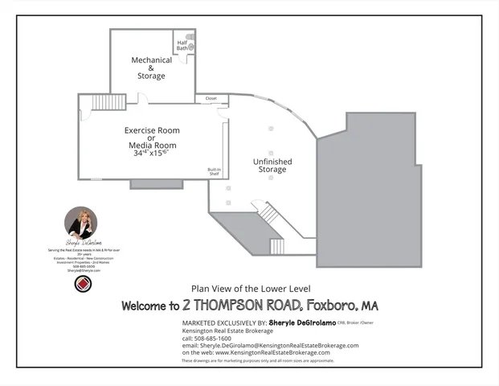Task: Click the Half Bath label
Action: [182, 45]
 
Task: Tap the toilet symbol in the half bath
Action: [189, 36]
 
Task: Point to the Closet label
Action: [211, 99]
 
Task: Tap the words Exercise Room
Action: [151, 129]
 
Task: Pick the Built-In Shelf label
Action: [214, 172]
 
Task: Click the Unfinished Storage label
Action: [272, 165]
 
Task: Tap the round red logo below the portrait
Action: [80, 285]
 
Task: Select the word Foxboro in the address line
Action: [330, 306]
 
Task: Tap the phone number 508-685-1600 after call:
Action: [211, 338]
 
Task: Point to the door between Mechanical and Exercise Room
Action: [142, 99]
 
